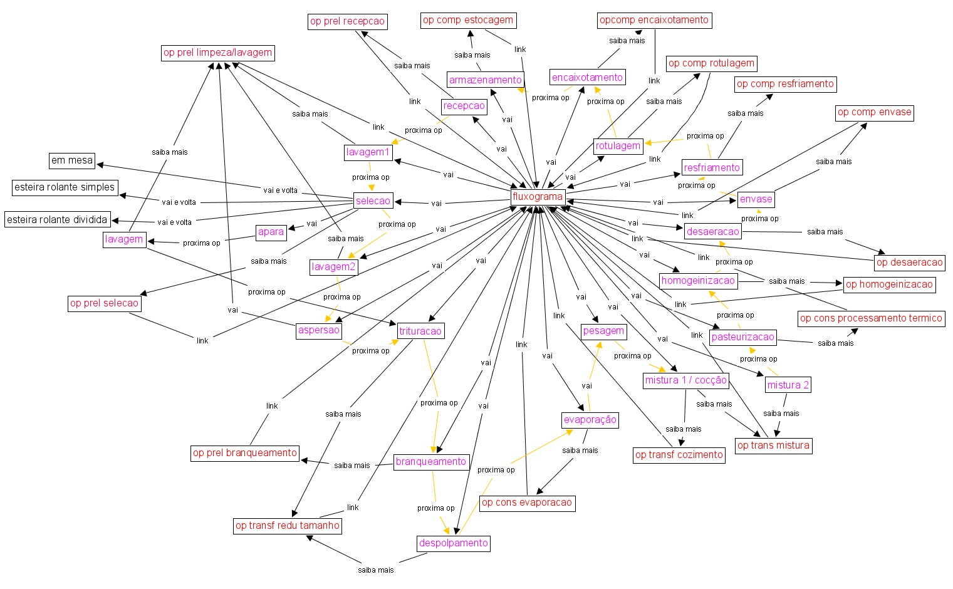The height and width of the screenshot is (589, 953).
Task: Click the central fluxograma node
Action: point(538,197)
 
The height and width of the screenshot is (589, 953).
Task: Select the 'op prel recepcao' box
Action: point(347,22)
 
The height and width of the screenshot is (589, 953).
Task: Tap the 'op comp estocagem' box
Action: point(468,20)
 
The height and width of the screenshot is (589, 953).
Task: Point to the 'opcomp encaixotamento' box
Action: point(654,20)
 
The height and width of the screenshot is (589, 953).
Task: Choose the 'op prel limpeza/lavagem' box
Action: point(217,53)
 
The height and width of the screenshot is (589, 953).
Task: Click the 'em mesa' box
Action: point(72,160)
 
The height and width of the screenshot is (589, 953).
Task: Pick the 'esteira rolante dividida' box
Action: point(57,220)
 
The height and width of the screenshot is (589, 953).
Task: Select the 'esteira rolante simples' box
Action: point(65,187)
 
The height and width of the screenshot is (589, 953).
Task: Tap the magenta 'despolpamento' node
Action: point(453,543)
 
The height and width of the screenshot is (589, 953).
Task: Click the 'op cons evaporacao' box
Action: point(527,503)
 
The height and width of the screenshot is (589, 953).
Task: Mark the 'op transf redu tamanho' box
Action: point(288,526)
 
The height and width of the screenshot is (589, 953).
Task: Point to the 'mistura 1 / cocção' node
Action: point(686,380)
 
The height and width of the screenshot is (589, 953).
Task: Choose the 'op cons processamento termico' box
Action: point(871,318)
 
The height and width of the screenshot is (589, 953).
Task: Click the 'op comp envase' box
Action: point(874,113)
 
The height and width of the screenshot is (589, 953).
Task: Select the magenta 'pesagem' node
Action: point(603,331)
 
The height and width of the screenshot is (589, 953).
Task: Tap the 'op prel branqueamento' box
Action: point(245,453)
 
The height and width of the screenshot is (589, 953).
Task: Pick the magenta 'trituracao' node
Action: point(420,331)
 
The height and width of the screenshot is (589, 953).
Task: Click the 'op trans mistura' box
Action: point(773,446)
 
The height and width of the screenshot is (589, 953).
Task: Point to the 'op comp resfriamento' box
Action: point(785,84)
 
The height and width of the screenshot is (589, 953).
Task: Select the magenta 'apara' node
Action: point(271,232)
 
